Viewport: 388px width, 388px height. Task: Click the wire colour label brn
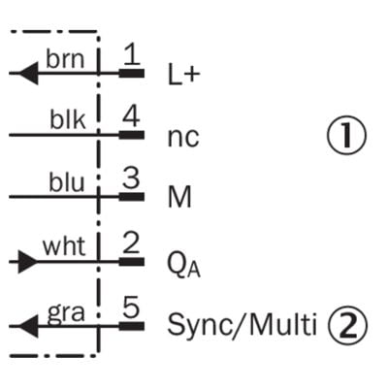pos(65,59)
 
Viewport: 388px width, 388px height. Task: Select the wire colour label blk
pos(68,119)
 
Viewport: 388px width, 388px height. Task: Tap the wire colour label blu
pos(67,181)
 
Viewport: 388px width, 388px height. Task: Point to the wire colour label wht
pos(64,246)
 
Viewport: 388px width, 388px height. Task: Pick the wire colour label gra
pos(66,313)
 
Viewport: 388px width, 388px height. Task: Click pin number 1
pos(132,54)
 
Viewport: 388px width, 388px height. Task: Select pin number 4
pos(131,116)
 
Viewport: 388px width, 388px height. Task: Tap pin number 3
pos(131,178)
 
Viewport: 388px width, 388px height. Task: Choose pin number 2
pos(131,243)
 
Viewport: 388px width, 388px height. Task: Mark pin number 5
pos(131,307)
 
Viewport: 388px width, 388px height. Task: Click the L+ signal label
pos(182,74)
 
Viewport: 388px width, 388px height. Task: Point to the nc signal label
pos(183,138)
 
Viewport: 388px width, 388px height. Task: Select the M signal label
pos(179,197)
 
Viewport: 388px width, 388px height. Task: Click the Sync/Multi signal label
pos(242,324)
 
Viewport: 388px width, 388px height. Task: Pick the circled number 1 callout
pos(346,135)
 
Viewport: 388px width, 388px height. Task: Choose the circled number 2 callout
pos(348,324)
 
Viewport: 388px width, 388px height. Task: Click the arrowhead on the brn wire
pos(28,74)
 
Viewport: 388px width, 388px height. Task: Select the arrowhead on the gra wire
pos(28,326)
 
